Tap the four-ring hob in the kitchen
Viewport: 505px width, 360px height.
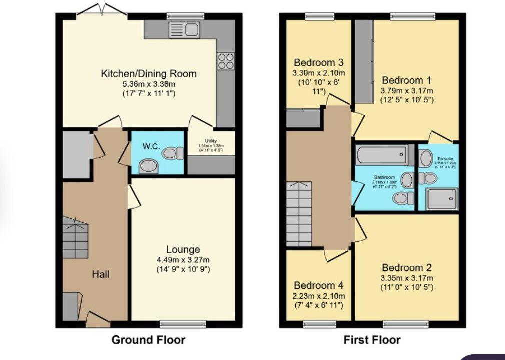(x=225, y=61)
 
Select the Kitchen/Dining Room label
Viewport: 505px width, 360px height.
(x=149, y=74)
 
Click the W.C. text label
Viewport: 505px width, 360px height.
(x=151, y=146)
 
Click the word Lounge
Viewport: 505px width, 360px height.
(x=183, y=249)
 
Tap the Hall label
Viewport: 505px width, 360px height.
(x=100, y=274)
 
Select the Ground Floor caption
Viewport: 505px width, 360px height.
(x=148, y=340)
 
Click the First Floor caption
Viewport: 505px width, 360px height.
(x=372, y=340)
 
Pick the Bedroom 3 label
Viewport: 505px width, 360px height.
(x=318, y=63)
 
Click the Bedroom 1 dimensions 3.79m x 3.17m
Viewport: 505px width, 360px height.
(x=406, y=90)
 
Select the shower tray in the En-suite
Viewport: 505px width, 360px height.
(x=441, y=199)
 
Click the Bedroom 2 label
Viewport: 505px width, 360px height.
(x=406, y=268)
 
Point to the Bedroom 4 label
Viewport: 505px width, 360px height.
(x=318, y=285)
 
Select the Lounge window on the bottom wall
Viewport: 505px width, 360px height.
(x=183, y=324)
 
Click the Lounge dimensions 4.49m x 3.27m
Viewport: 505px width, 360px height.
(x=183, y=260)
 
